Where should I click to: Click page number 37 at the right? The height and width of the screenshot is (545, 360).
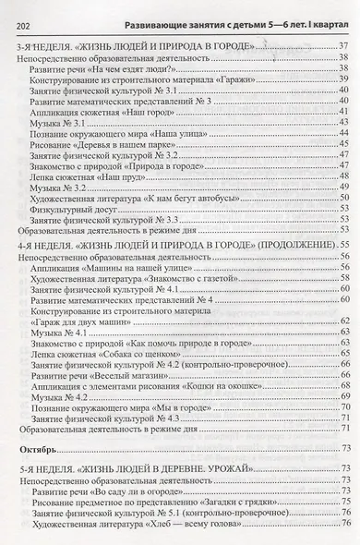click(343, 46)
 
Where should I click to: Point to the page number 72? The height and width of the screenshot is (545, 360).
click(343, 427)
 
